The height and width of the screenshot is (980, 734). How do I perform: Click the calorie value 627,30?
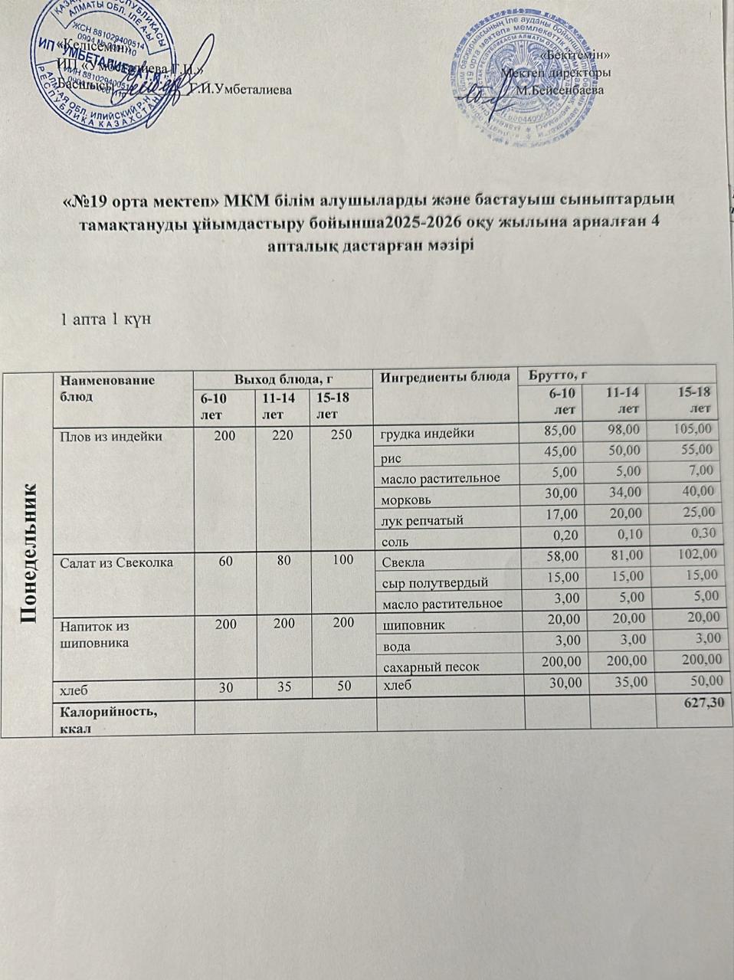tap(705, 703)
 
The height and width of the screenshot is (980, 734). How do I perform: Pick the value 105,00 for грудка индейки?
tap(694, 428)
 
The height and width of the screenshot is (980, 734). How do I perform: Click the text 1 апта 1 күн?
tap(104, 319)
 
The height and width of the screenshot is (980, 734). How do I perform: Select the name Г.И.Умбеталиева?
tap(241, 90)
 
